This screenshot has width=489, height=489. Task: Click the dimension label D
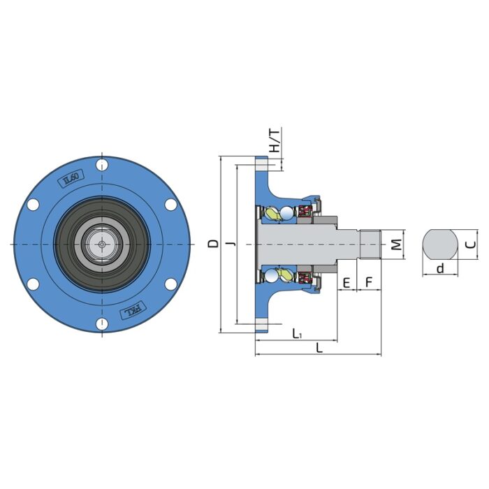[x=214, y=243]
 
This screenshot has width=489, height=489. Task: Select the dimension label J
[x=231, y=243]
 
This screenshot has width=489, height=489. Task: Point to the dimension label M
[x=396, y=245]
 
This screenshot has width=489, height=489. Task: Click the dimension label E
[x=346, y=283]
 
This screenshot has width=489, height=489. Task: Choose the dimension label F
[x=369, y=282]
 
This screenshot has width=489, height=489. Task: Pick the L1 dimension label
[x=297, y=333]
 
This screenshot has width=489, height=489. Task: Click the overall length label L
[x=319, y=347]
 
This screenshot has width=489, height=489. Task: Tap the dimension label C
[x=471, y=245]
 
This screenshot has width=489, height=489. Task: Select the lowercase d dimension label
[x=440, y=268]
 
